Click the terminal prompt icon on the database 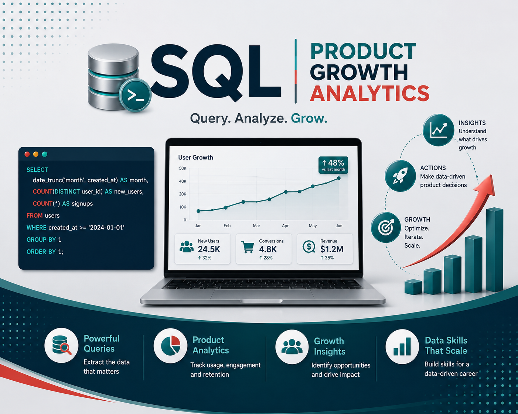coord(135,95)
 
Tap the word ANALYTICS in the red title coord(370,93)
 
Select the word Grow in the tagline coord(309,118)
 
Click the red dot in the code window coord(27,154)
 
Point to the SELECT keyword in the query coord(37,170)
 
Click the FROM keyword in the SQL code coord(34,215)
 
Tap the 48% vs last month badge coord(333,165)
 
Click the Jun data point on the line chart coord(339,178)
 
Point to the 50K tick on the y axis coord(183,168)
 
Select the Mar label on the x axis coord(256,225)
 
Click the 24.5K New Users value coord(209,249)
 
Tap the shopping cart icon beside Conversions coord(248,247)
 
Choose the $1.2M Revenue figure coord(332,249)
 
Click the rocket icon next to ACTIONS coord(400,176)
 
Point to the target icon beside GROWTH coord(386,227)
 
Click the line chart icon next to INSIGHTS coord(439,130)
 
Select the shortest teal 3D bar coord(413,287)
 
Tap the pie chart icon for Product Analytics coord(170,345)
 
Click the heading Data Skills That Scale coord(446,345)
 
